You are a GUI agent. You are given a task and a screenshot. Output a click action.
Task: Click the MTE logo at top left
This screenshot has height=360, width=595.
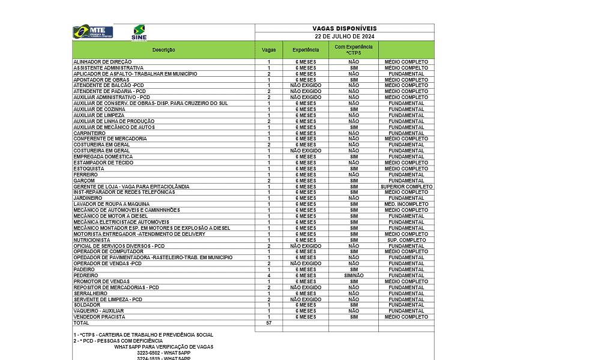(x=92, y=32)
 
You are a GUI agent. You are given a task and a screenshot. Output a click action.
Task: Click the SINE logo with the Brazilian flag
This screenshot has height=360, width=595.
(x=139, y=32)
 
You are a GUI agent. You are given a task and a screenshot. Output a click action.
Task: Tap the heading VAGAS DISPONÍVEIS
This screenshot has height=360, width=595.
(x=345, y=28)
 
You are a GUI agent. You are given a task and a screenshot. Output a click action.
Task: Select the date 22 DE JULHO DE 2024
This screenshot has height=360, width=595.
(x=345, y=37)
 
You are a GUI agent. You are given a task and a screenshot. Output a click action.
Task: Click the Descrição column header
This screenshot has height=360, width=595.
(x=163, y=50)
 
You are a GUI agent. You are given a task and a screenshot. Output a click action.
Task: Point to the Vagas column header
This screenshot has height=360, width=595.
(x=269, y=50)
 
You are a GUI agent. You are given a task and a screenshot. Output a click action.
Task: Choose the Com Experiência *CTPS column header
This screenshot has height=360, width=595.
(x=353, y=50)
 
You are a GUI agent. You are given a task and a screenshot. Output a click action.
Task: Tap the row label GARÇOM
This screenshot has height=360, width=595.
(x=84, y=181)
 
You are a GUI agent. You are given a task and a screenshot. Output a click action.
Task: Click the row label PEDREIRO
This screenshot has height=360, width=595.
(x=85, y=275)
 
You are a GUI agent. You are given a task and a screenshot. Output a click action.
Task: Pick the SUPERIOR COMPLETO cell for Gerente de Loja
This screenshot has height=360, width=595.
(x=406, y=187)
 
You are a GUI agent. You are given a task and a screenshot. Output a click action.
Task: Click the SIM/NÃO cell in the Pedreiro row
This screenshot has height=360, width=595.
(x=354, y=275)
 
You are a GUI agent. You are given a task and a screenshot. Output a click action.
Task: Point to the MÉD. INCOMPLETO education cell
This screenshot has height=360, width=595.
(x=406, y=204)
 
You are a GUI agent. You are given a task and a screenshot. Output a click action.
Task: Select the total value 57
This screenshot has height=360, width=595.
(x=269, y=323)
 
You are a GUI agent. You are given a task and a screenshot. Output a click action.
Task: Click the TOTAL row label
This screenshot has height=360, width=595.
(x=81, y=323)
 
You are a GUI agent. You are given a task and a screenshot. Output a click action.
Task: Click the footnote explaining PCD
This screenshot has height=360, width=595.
(x=118, y=341)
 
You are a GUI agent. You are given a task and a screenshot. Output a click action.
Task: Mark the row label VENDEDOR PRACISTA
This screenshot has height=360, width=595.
(x=99, y=317)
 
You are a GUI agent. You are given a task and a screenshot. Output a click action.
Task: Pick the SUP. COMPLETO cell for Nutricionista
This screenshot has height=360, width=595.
(x=406, y=240)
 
